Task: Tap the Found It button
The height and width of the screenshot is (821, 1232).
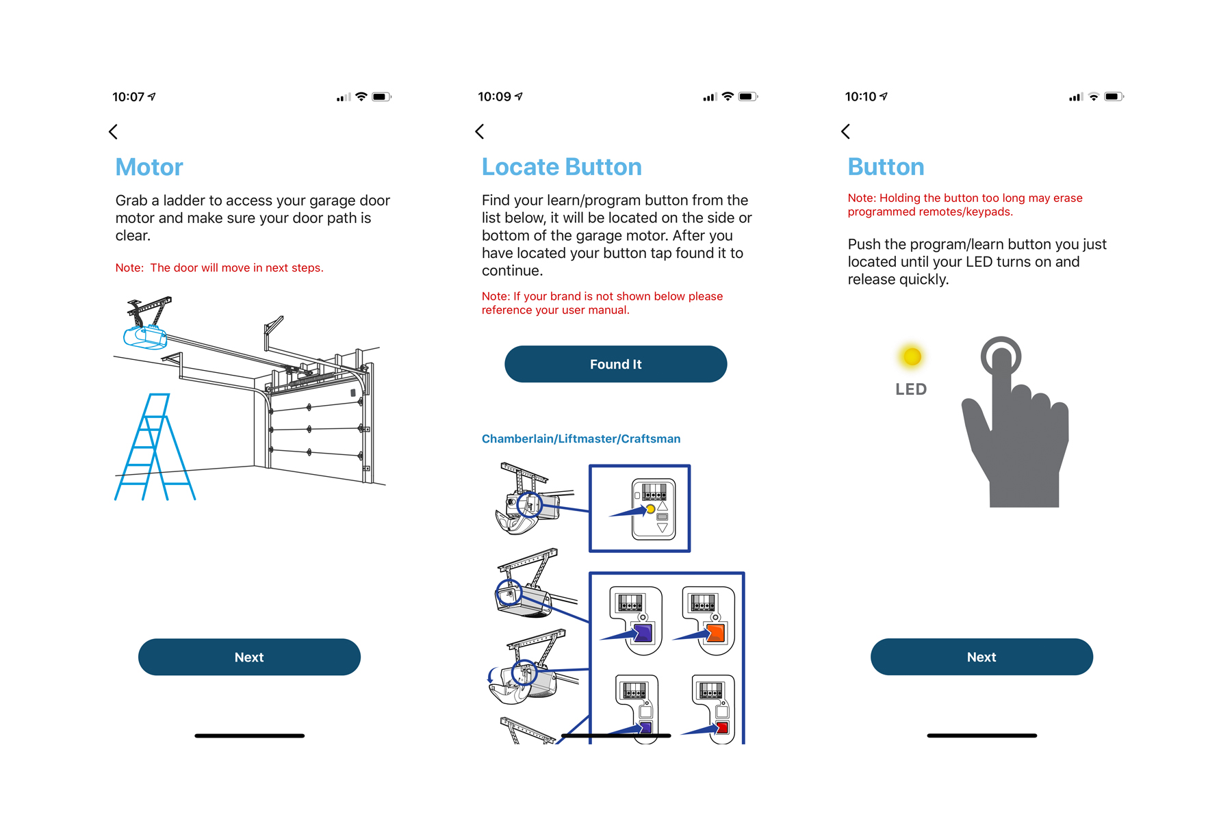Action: pos(615,364)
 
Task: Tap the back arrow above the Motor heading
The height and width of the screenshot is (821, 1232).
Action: pos(114,131)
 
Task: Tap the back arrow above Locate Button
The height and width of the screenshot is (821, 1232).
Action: pos(480,131)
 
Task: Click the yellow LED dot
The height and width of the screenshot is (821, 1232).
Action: pos(912,356)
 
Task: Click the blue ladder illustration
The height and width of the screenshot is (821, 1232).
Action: pos(155,447)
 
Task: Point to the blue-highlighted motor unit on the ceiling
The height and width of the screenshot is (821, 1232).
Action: pos(144,337)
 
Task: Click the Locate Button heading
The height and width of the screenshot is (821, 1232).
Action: pos(562,167)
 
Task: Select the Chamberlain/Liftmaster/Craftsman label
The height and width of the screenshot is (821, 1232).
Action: pos(581,439)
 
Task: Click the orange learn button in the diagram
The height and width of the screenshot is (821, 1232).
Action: pos(715,633)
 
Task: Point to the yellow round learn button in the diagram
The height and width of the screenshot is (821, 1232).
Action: pos(650,509)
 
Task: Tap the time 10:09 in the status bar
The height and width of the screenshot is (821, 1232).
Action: pos(495,96)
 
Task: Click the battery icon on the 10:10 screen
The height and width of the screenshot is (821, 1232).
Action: pos(1114,96)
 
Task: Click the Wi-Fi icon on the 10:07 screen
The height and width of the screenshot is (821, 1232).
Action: pos(361,96)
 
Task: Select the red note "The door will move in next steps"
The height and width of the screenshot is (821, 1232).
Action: pos(219,268)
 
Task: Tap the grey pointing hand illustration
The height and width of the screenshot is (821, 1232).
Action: pos(1016,421)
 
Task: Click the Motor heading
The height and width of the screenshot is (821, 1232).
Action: pos(149,167)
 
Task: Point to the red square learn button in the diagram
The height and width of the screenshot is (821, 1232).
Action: pos(721,728)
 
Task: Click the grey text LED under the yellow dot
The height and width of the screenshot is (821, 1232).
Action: pos(911,389)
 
